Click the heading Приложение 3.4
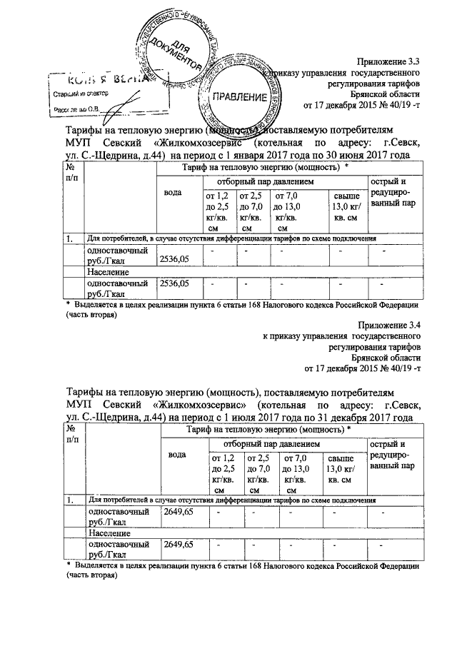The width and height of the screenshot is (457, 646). [388, 324]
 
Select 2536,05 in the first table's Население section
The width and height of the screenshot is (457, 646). [175, 283]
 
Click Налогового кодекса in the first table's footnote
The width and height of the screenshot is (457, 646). [288, 304]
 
